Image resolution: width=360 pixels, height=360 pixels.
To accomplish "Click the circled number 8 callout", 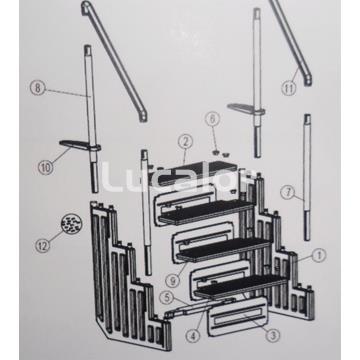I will [x=38, y=88].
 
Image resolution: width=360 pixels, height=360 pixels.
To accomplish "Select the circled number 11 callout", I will [x=289, y=89].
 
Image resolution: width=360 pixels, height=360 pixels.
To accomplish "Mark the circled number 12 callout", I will [x=42, y=243].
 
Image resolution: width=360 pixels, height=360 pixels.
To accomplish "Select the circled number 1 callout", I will [x=319, y=256].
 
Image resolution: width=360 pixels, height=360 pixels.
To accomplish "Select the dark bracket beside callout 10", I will [x=78, y=147].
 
